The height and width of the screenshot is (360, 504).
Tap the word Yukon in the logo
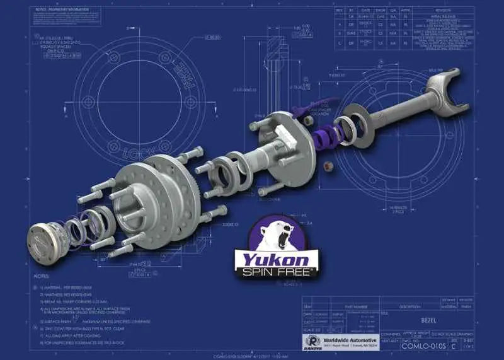[273, 260]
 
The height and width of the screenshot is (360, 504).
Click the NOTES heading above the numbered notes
[41, 276]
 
